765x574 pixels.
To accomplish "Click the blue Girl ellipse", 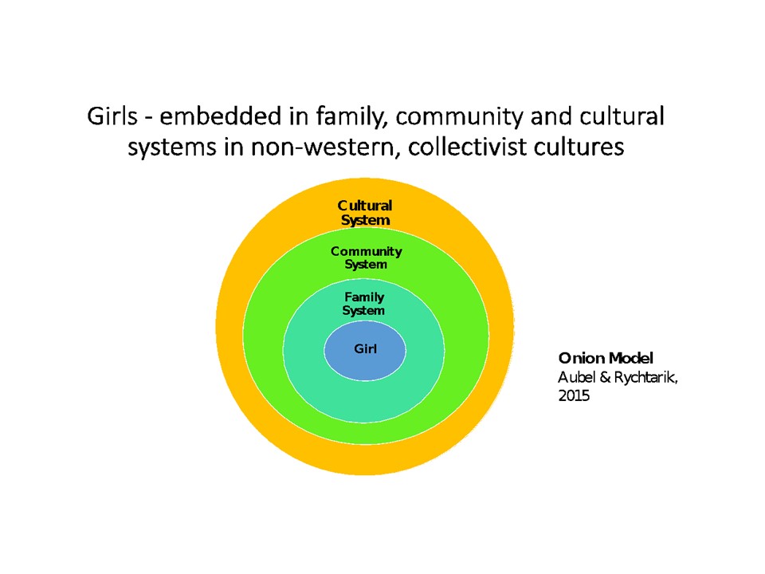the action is pos(364,350).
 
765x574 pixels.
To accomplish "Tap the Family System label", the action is pos(364,304).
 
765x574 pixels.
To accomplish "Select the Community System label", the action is pos(366,258).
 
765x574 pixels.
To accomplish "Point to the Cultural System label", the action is pos(365,213).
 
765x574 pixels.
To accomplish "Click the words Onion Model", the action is pos(606,358).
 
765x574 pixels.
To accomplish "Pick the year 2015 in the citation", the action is pos(574,395).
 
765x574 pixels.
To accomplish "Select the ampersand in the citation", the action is pos(605,377).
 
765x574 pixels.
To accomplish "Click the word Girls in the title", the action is pos(112,116).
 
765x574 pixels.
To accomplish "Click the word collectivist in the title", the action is pos(467,147).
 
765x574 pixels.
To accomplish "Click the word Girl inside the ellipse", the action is pos(366,348).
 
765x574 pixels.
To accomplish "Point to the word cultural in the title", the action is pos(622,116).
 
